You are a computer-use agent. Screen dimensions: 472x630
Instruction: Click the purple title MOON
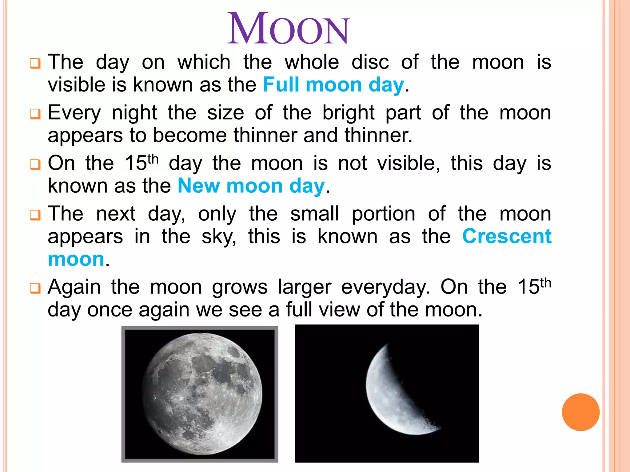point(288,29)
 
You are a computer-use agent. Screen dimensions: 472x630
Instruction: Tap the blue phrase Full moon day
point(333,85)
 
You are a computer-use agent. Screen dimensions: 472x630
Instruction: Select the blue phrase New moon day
point(251,186)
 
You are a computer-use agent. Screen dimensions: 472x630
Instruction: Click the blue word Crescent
point(507,236)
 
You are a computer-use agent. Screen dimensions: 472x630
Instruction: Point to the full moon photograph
point(200,394)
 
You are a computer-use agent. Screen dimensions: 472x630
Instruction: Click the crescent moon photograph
point(387,393)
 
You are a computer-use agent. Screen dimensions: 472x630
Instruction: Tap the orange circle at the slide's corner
point(580,412)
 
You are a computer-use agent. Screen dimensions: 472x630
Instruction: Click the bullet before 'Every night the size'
point(35,114)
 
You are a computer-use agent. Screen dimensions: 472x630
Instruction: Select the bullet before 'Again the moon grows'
point(35,288)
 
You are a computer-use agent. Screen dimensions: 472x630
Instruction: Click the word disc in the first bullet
point(370,62)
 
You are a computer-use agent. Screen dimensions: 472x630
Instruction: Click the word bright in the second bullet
point(348,113)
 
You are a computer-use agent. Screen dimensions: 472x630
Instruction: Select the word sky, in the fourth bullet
point(219,237)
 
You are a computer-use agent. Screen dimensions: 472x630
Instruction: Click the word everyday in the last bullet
point(385,287)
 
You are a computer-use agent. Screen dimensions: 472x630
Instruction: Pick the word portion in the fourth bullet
point(383,214)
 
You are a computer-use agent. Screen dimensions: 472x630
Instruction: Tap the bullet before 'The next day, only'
point(35,215)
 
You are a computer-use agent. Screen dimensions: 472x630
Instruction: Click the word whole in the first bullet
point(312,62)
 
